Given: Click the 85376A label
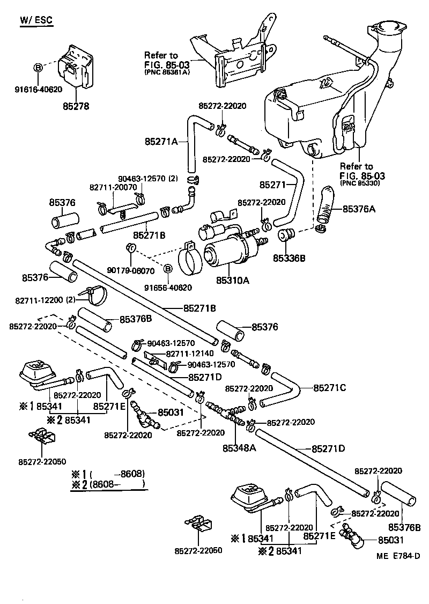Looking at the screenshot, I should [x=359, y=209].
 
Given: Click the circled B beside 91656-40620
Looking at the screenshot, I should [x=167, y=268].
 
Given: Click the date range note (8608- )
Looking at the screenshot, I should [x=117, y=484].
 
